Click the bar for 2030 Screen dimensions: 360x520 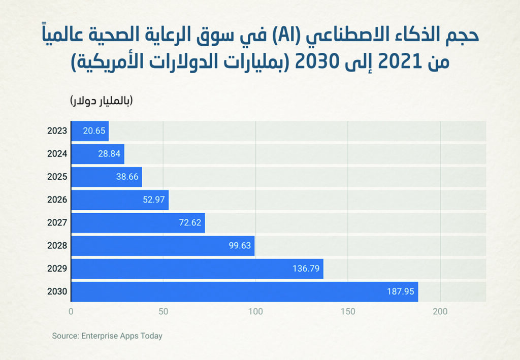[244, 292]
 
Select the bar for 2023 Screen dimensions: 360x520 [89, 131]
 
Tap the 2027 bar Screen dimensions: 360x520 [138, 223]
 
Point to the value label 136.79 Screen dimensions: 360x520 [306, 269]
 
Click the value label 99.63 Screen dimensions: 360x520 [240, 246]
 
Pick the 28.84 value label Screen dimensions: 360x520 [109, 154]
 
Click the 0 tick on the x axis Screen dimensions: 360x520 [71, 311]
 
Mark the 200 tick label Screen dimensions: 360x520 [440, 311]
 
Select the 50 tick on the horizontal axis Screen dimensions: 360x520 [163, 311]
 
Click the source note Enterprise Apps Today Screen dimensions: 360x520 [107, 336]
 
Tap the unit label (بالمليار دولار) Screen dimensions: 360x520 [101, 100]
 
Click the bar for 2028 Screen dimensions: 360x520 [162, 246]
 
